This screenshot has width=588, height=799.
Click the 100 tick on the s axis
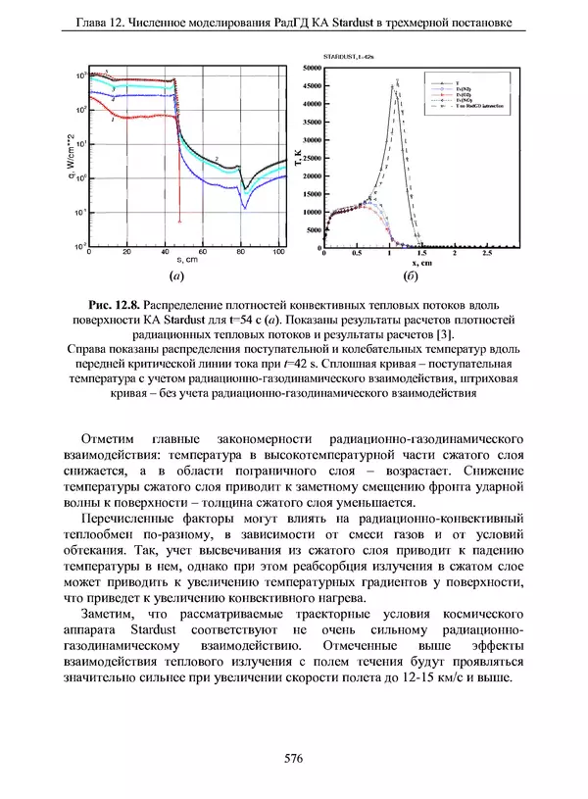click(x=277, y=253)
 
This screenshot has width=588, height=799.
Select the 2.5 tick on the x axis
click(x=487, y=253)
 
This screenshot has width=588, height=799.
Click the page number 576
click(x=293, y=758)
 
